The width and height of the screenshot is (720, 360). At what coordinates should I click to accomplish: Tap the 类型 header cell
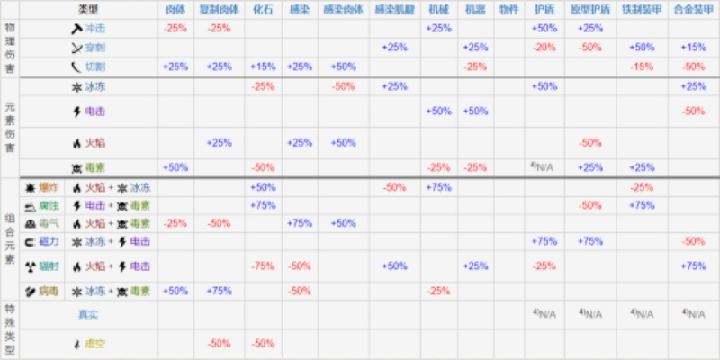(x=88, y=9)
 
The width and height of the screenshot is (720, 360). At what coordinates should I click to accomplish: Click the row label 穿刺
(x=96, y=47)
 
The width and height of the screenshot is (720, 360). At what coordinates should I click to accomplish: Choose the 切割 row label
(x=96, y=67)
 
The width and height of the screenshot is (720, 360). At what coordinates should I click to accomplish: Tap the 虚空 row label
(x=96, y=343)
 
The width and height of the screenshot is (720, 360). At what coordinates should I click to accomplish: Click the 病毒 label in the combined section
(x=48, y=291)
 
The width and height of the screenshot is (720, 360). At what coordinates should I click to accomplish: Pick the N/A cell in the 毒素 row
(x=544, y=167)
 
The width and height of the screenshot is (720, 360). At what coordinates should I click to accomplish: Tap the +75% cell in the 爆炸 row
(x=438, y=187)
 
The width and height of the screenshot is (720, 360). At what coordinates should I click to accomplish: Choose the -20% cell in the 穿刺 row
(x=544, y=47)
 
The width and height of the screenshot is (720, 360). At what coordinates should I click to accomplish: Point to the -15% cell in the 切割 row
(x=642, y=67)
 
